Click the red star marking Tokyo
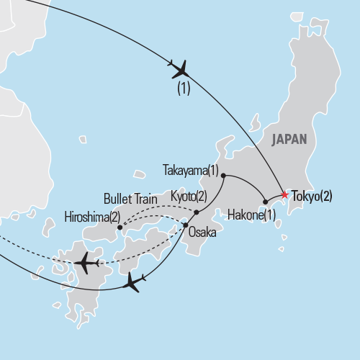[284, 194]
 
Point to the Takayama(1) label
[190, 171]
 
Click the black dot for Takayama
[224, 175]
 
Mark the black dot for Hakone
[265, 202]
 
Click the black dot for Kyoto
[197, 212]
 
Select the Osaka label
[202, 233]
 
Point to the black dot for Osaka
[186, 225]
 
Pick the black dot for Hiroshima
[120, 228]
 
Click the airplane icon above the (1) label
[179, 70]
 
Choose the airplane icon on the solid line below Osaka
[134, 282]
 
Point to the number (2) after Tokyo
[324, 194]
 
